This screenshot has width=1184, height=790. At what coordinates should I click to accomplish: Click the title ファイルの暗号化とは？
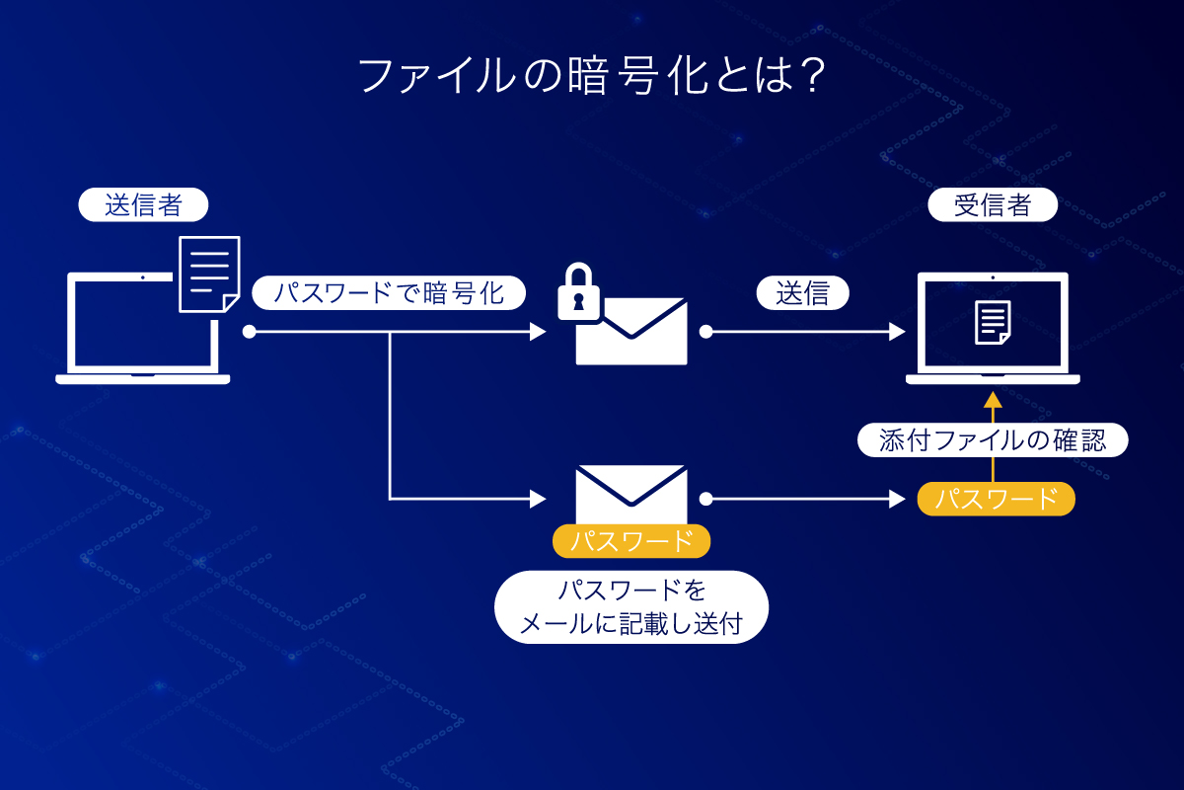[x=591, y=76]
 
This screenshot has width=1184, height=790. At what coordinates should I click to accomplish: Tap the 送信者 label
[x=143, y=204]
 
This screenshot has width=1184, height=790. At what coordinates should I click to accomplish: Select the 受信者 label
[x=993, y=204]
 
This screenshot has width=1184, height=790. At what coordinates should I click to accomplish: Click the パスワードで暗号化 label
[x=389, y=292]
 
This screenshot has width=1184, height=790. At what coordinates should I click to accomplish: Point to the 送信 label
[x=803, y=292]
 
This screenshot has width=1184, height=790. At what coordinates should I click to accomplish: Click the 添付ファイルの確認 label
[x=993, y=439]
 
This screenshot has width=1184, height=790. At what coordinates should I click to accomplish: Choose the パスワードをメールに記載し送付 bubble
[x=631, y=607]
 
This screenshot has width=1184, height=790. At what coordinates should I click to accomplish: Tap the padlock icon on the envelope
[x=579, y=291]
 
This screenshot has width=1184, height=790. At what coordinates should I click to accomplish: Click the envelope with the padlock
[x=631, y=331]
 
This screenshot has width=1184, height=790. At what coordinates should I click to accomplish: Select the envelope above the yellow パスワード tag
[x=631, y=494]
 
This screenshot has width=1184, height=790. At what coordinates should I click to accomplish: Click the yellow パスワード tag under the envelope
[x=631, y=541]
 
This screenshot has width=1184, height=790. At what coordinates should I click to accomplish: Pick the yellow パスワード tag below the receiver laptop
[x=997, y=499]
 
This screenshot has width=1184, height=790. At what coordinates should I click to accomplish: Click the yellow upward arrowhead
[x=994, y=400]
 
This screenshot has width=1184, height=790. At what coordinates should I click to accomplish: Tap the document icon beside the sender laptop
[x=210, y=275]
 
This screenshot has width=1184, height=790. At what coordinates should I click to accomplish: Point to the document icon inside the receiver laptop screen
[x=993, y=323]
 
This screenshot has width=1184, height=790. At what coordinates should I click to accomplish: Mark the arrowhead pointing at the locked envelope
[x=538, y=332]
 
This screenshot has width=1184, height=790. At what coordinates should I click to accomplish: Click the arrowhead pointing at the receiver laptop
[x=898, y=332]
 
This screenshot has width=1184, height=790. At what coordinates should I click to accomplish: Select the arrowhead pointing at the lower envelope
[x=538, y=499]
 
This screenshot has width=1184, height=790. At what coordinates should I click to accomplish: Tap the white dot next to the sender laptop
[x=249, y=332]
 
